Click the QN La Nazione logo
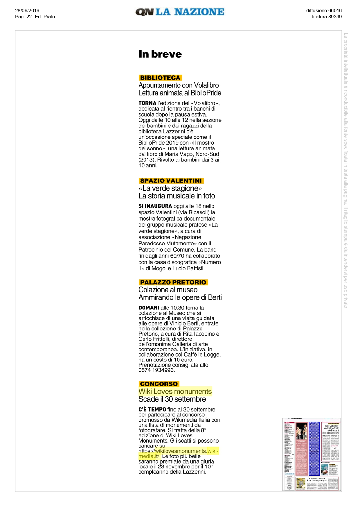180,12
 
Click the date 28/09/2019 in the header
27,10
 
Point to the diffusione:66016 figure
324,10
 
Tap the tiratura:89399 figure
327,17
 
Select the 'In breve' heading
160,54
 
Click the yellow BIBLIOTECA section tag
160,78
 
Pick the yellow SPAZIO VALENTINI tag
171,180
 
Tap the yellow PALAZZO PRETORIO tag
173,282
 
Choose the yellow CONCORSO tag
159,384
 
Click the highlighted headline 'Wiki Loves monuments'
175,391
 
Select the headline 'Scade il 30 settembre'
172,399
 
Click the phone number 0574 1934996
156,370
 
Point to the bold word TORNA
147,103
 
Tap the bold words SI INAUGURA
155,206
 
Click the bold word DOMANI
149,308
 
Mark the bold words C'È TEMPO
152,409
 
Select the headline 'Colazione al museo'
168,290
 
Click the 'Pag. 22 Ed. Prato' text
35,17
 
